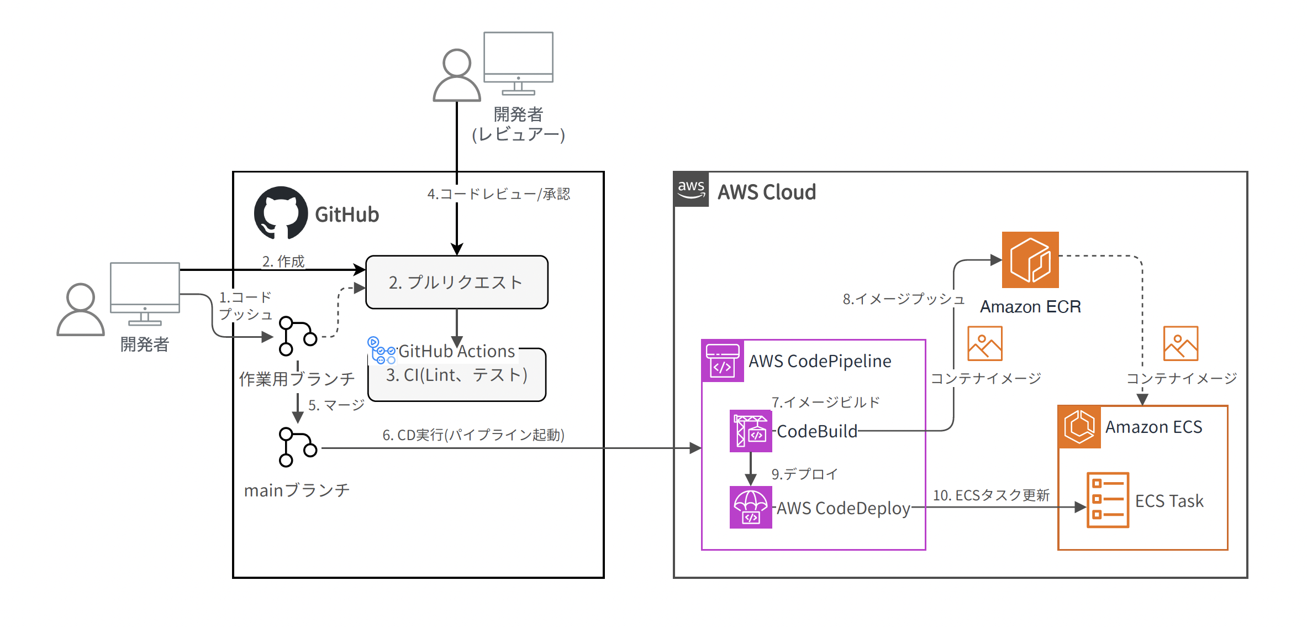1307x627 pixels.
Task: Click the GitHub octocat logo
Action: click(x=281, y=213)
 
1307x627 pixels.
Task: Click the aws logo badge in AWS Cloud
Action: click(x=691, y=189)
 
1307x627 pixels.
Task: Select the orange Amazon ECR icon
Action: click(x=1030, y=260)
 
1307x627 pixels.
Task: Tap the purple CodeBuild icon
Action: click(x=750, y=431)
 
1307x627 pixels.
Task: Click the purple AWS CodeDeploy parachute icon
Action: click(x=750, y=507)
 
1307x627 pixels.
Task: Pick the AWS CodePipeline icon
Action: click(x=723, y=361)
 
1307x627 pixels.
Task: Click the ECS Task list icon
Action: click(x=1108, y=500)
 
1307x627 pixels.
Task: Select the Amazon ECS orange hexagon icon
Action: click(x=1079, y=427)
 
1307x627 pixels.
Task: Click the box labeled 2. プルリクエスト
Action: click(x=456, y=282)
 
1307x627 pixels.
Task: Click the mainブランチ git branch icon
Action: click(x=297, y=447)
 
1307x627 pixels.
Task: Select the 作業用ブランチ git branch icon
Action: click(x=297, y=336)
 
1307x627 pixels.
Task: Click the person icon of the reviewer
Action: click(x=457, y=76)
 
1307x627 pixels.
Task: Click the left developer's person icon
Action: click(x=81, y=310)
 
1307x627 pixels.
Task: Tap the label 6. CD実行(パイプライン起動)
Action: click(x=473, y=435)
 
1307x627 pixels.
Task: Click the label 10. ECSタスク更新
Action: click(x=991, y=495)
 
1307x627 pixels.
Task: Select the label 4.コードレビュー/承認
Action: click(x=498, y=194)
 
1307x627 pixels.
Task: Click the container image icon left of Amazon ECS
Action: click(x=984, y=343)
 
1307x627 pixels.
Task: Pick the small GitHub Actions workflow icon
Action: click(x=381, y=351)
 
